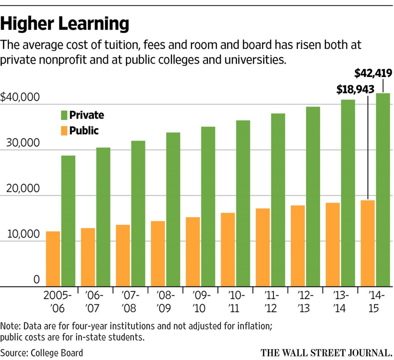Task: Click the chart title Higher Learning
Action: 65,24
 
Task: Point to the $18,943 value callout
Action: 355,89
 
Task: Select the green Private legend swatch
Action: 64,115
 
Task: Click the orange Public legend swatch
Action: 64,131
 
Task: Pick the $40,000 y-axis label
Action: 20,97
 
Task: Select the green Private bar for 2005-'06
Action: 68,221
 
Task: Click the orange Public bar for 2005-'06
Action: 53,259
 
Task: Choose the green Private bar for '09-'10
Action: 208,206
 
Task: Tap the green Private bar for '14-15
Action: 383,190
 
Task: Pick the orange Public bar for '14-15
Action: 367,243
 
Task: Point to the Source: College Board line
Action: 42,352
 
